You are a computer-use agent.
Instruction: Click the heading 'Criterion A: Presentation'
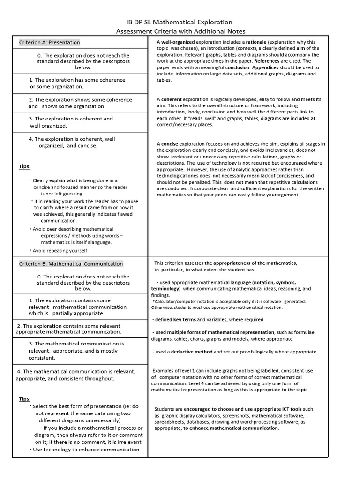(x=49, y=42)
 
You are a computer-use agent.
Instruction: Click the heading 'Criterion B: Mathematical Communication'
(x=71, y=264)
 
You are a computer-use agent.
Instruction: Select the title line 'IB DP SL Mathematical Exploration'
(x=180, y=22)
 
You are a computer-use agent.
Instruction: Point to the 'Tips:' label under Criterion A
(x=24, y=166)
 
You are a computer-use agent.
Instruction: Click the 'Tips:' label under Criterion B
(x=24, y=399)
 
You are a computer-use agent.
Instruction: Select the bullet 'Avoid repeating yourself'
(x=60, y=251)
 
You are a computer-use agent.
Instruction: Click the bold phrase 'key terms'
(x=184, y=320)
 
